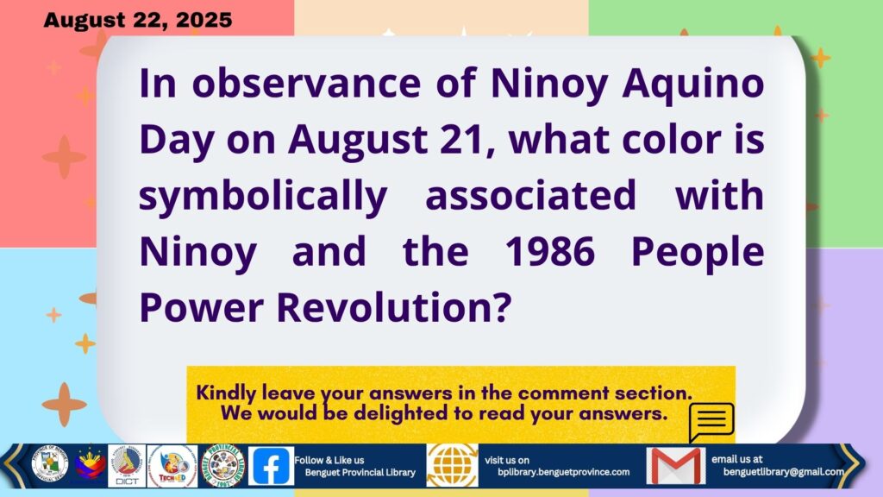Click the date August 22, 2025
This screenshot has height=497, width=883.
point(137,21)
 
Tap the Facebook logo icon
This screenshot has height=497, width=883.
point(271,466)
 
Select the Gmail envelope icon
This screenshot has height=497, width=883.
point(676,466)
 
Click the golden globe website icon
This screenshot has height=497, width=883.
point(452,465)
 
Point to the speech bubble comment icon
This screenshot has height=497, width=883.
point(711,421)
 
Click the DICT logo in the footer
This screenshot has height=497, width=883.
point(127,466)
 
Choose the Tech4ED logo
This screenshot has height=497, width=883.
point(172,466)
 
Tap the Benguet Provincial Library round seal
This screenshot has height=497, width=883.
point(223,465)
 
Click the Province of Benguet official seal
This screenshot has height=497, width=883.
point(49,464)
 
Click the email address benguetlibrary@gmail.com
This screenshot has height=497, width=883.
point(783,472)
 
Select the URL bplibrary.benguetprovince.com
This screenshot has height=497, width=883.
point(563,472)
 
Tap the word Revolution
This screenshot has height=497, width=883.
point(393,308)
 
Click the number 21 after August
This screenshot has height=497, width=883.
point(460,140)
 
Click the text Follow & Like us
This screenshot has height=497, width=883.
point(329,461)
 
